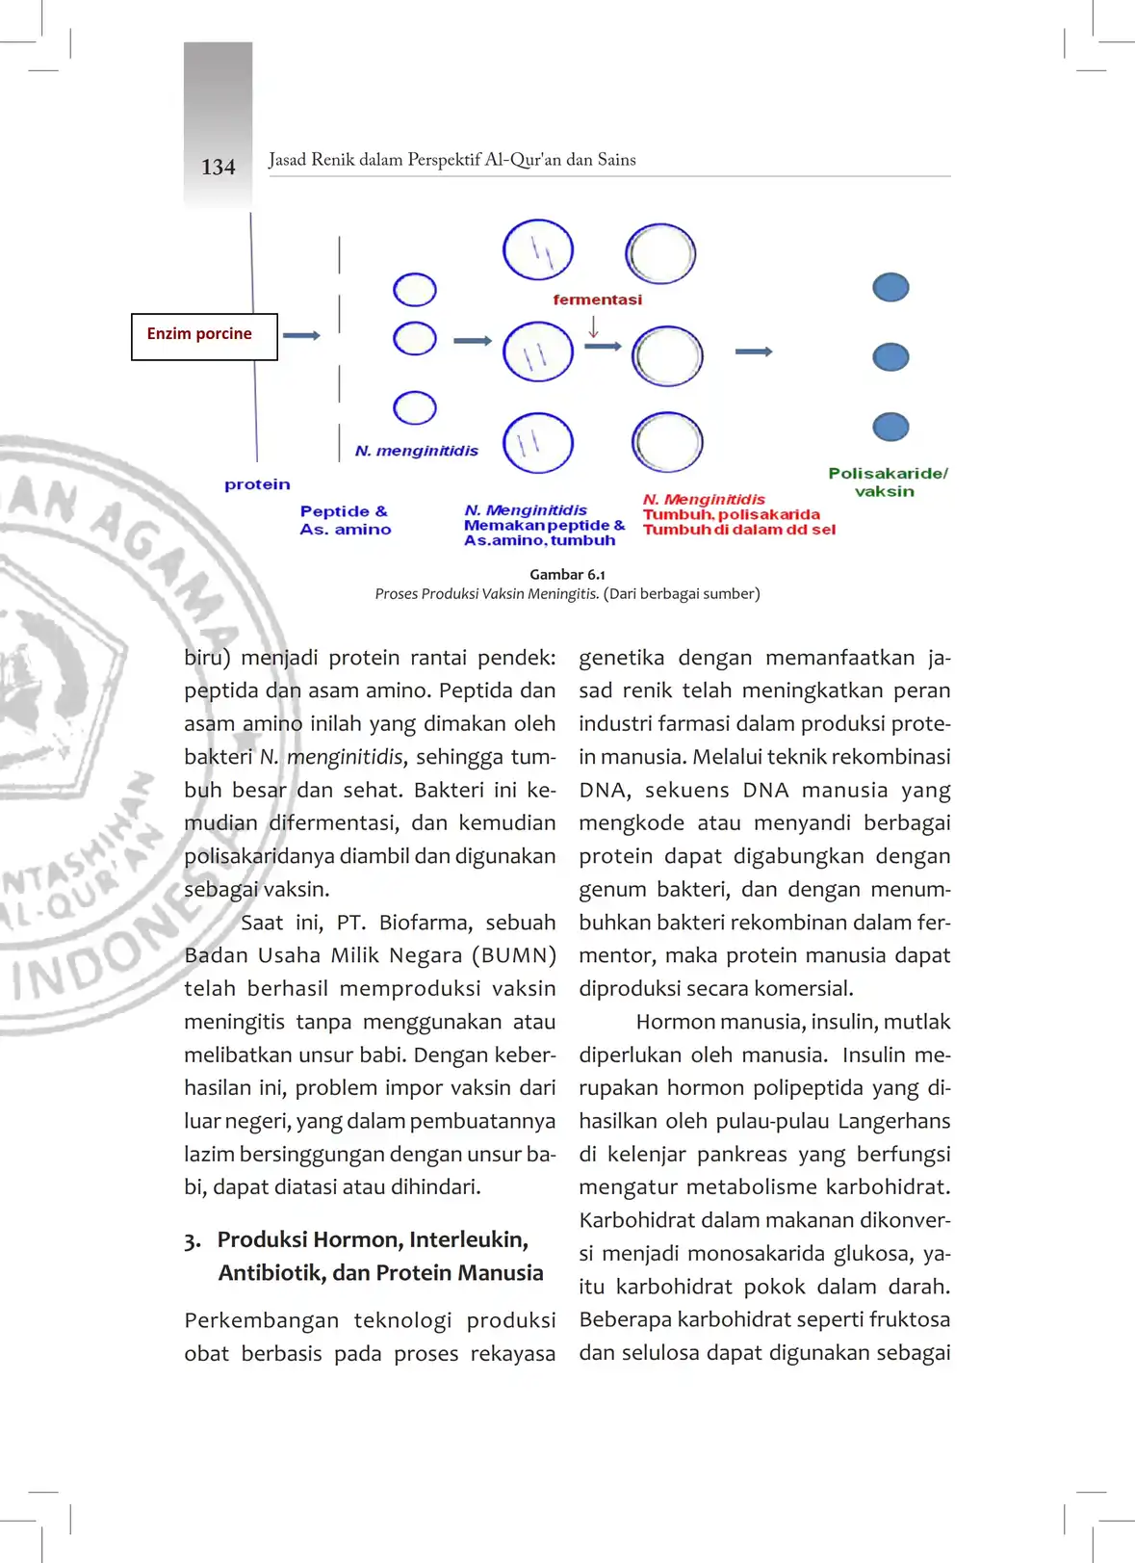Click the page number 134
(x=219, y=168)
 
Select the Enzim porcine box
(x=204, y=336)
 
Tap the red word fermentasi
(x=597, y=300)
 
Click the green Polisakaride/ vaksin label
(x=888, y=482)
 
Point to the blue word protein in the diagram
(x=257, y=484)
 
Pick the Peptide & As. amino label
(x=345, y=520)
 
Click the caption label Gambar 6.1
(x=567, y=574)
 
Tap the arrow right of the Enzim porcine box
(x=301, y=335)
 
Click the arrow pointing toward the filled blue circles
(x=753, y=352)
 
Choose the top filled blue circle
(x=890, y=287)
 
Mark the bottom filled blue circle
(x=890, y=427)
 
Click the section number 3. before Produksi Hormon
(x=193, y=1240)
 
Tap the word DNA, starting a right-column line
(x=605, y=791)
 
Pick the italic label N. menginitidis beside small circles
(x=416, y=451)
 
